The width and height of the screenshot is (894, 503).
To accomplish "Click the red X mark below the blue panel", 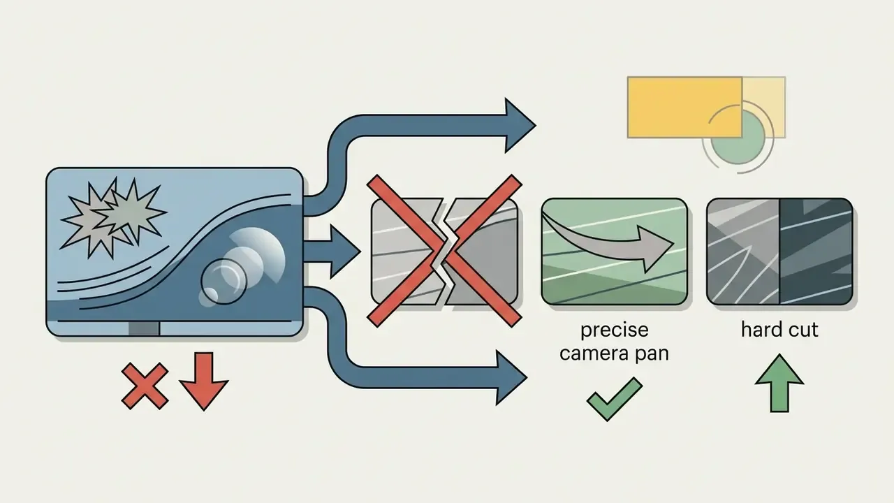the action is click(x=145, y=386).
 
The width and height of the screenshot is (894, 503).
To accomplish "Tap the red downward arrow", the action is click(x=204, y=381).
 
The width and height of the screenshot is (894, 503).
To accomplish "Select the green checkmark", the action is click(x=615, y=399).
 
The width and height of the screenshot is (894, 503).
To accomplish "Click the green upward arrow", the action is click(x=779, y=384).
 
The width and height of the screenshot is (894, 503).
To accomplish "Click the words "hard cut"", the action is click(x=779, y=330).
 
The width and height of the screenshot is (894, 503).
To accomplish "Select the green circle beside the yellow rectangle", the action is click(x=738, y=138).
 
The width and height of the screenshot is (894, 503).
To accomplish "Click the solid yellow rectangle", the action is click(x=685, y=108).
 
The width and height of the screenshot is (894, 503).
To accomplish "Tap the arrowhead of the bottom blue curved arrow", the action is click(x=511, y=377).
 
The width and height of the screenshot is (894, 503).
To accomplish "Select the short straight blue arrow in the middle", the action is click(x=332, y=251).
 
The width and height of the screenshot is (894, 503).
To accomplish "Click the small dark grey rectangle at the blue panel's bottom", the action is click(x=144, y=328).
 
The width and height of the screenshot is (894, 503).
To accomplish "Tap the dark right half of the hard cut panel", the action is click(x=816, y=251).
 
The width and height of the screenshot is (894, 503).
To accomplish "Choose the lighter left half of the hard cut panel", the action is click(x=742, y=251).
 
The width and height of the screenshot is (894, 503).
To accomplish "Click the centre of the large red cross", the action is click(x=445, y=251).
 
